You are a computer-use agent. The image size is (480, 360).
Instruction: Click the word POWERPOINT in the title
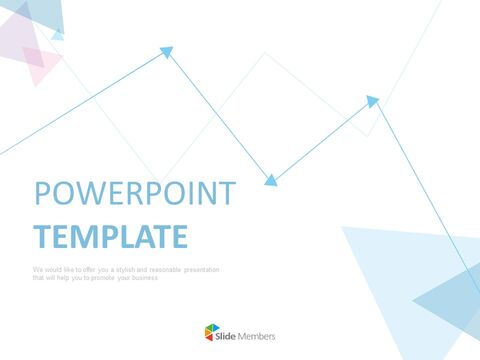coord(135,194)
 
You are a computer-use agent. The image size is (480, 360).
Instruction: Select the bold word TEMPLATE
coord(110,236)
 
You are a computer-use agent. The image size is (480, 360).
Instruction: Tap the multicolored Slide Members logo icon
coord(211,335)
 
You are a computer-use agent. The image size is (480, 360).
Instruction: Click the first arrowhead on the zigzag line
coord(167,50)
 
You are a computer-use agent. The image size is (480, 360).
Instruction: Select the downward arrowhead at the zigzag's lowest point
coord(269,180)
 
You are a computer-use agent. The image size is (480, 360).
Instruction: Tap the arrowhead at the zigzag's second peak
coord(373,101)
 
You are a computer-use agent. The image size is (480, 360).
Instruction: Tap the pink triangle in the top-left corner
coord(40,65)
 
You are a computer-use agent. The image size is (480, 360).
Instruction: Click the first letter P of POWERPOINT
coord(42,194)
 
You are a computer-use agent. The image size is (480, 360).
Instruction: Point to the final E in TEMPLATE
coord(179,236)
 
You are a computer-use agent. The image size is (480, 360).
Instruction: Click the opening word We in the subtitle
coord(37,270)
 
